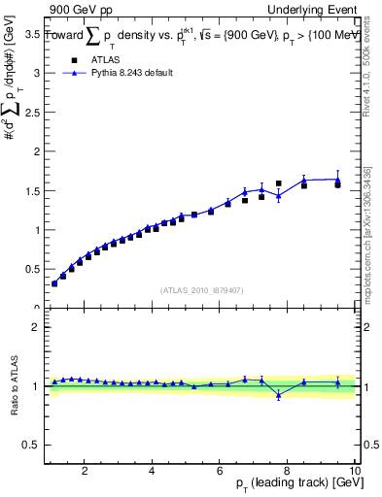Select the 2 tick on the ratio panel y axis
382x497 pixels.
point(36,327)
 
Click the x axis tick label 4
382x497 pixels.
point(153,471)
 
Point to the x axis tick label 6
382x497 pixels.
point(220,471)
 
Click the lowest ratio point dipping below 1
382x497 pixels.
point(278,395)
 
